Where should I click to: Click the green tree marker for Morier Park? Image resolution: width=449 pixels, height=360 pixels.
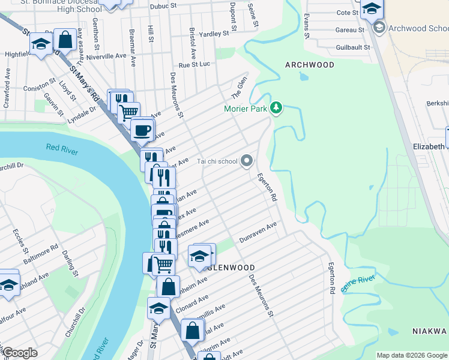tap(276, 108)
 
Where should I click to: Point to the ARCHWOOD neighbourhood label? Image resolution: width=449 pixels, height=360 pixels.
tap(310, 65)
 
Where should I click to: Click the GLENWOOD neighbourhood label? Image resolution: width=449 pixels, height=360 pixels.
tap(232, 268)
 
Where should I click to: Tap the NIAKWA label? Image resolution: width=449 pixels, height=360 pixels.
tap(430, 331)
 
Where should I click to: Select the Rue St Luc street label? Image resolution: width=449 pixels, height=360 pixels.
tap(194, 64)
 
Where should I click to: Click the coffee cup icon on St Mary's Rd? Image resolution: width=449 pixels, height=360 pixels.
tap(142, 130)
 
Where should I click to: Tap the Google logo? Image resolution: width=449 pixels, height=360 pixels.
tap(20, 353)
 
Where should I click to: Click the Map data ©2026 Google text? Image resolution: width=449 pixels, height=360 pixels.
tap(412, 355)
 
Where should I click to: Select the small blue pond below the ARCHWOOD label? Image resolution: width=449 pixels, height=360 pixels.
tap(303, 76)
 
